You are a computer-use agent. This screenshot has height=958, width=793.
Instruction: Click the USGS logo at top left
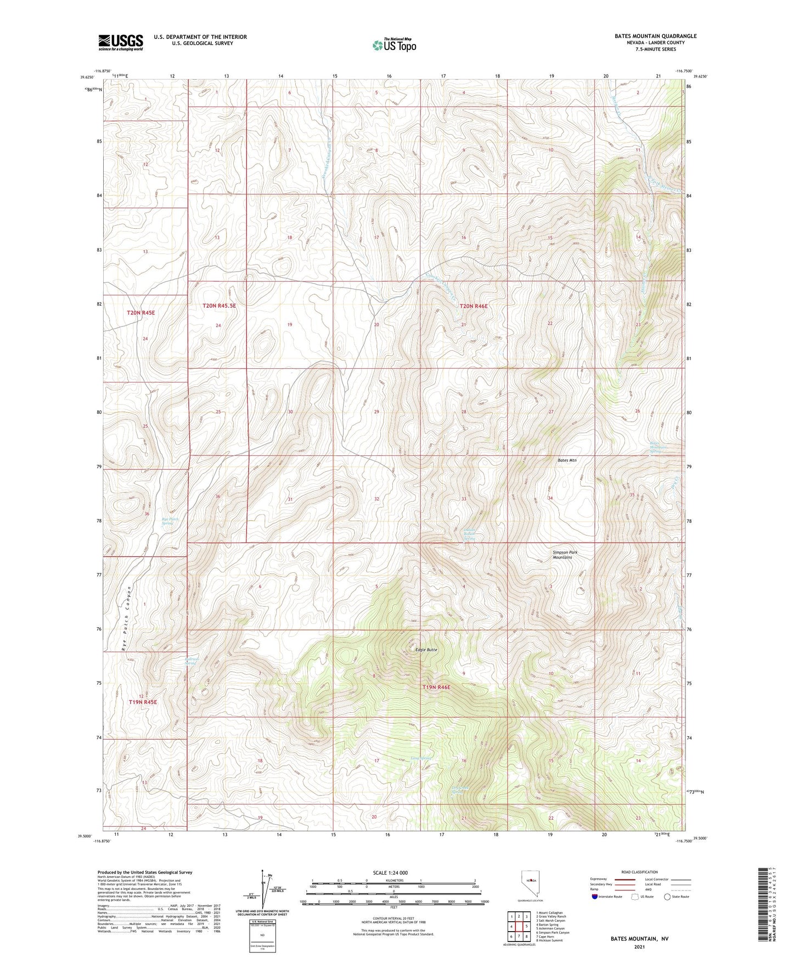click(x=120, y=42)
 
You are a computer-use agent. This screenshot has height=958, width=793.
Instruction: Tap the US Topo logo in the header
click(x=393, y=45)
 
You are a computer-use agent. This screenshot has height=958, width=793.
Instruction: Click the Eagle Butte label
click(x=426, y=650)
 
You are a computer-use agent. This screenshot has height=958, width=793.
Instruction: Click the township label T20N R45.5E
click(x=219, y=305)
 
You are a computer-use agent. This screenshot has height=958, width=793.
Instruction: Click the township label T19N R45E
click(x=143, y=702)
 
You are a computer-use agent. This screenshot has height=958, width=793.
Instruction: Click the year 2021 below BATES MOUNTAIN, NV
click(x=639, y=946)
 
